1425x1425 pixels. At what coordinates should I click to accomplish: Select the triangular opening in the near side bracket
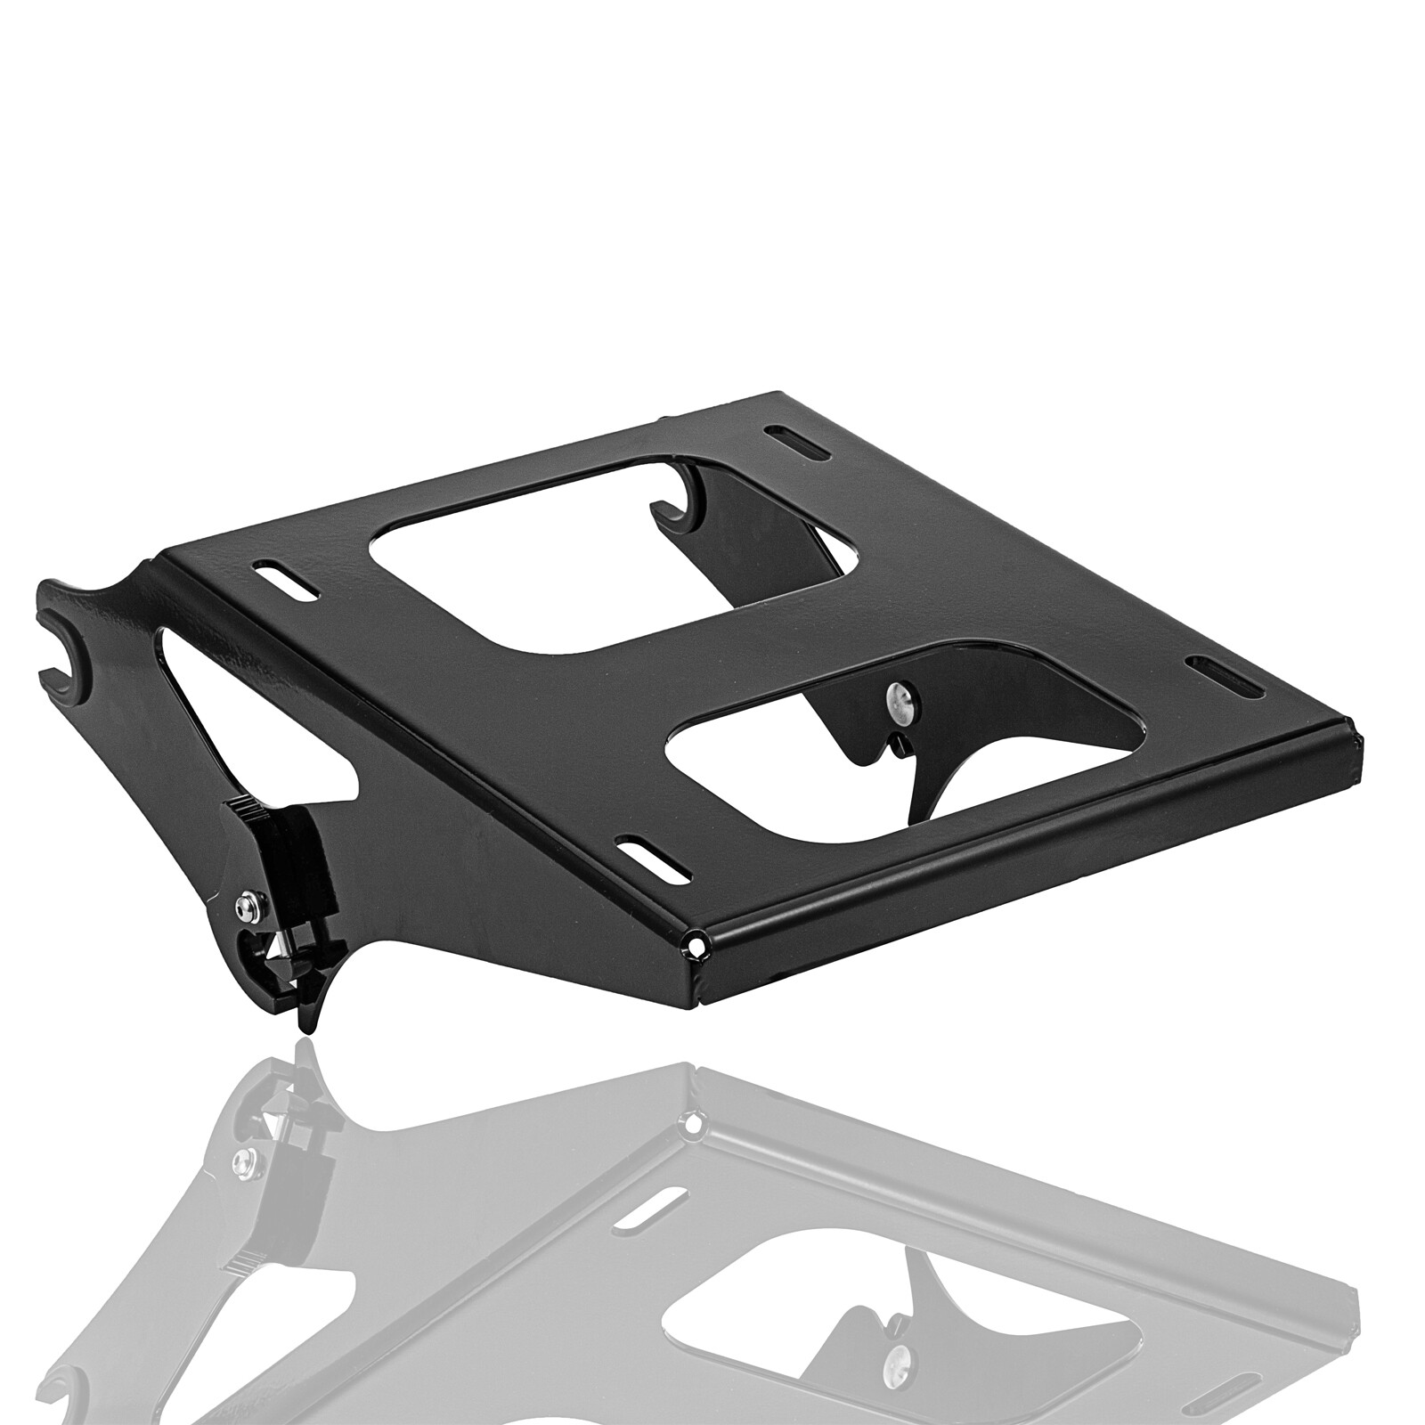point(240,704)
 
